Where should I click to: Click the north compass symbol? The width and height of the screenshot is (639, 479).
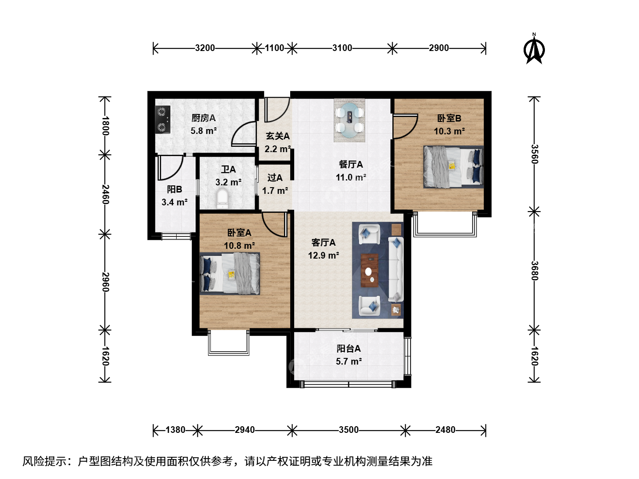click(534, 49)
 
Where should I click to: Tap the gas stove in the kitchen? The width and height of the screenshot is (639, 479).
click(162, 120)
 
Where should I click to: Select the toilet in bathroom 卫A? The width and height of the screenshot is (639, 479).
click(223, 199)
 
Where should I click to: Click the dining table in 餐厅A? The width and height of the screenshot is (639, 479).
click(349, 120)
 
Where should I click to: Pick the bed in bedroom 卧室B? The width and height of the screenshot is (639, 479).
click(453, 167)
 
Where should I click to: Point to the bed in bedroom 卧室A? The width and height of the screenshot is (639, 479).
click(230, 274)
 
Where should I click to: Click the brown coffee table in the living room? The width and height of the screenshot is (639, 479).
click(370, 270)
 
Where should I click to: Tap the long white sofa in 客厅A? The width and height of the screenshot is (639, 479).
click(396, 269)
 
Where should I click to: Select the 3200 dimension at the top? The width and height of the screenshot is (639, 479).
click(205, 48)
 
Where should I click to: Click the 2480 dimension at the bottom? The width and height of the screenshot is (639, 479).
click(446, 430)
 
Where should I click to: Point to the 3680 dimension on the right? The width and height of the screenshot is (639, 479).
click(534, 271)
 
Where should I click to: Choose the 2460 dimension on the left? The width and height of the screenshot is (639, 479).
click(105, 194)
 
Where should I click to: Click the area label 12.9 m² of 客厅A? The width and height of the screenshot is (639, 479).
click(323, 255)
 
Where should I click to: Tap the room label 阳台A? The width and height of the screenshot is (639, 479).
click(348, 349)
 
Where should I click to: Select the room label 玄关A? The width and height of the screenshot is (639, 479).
click(278, 136)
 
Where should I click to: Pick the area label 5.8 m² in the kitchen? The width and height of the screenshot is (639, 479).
click(204, 131)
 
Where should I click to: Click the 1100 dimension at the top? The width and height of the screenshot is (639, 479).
click(274, 48)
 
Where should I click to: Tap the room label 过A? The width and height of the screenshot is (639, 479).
click(275, 178)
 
